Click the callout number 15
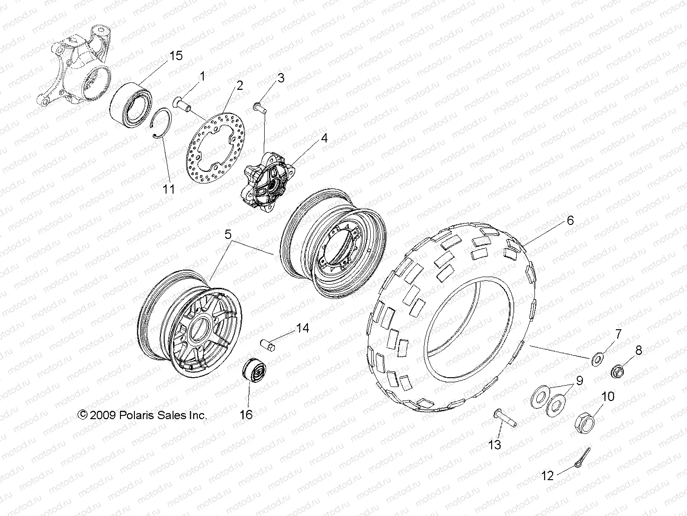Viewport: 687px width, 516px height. pos(175,56)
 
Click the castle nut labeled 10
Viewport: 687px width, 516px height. pos(585,422)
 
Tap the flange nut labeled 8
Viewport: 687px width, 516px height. pos(618,372)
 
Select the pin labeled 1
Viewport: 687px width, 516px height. pos(182,103)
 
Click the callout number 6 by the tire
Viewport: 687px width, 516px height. pos(570,220)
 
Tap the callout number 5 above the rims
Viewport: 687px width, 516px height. pos(228,235)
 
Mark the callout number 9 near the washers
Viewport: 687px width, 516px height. pos(579,381)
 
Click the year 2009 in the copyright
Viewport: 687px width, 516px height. pos(102,415)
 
